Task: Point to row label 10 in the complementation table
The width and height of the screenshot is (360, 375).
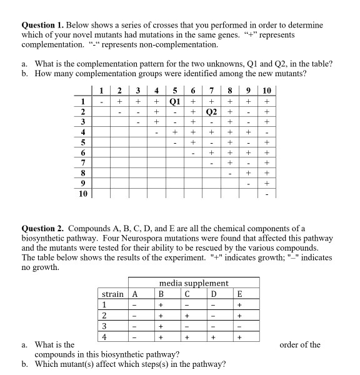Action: pos(82,194)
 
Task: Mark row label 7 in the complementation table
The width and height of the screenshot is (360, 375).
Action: pos(82,163)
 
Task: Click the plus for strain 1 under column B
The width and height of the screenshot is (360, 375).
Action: pos(161,305)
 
